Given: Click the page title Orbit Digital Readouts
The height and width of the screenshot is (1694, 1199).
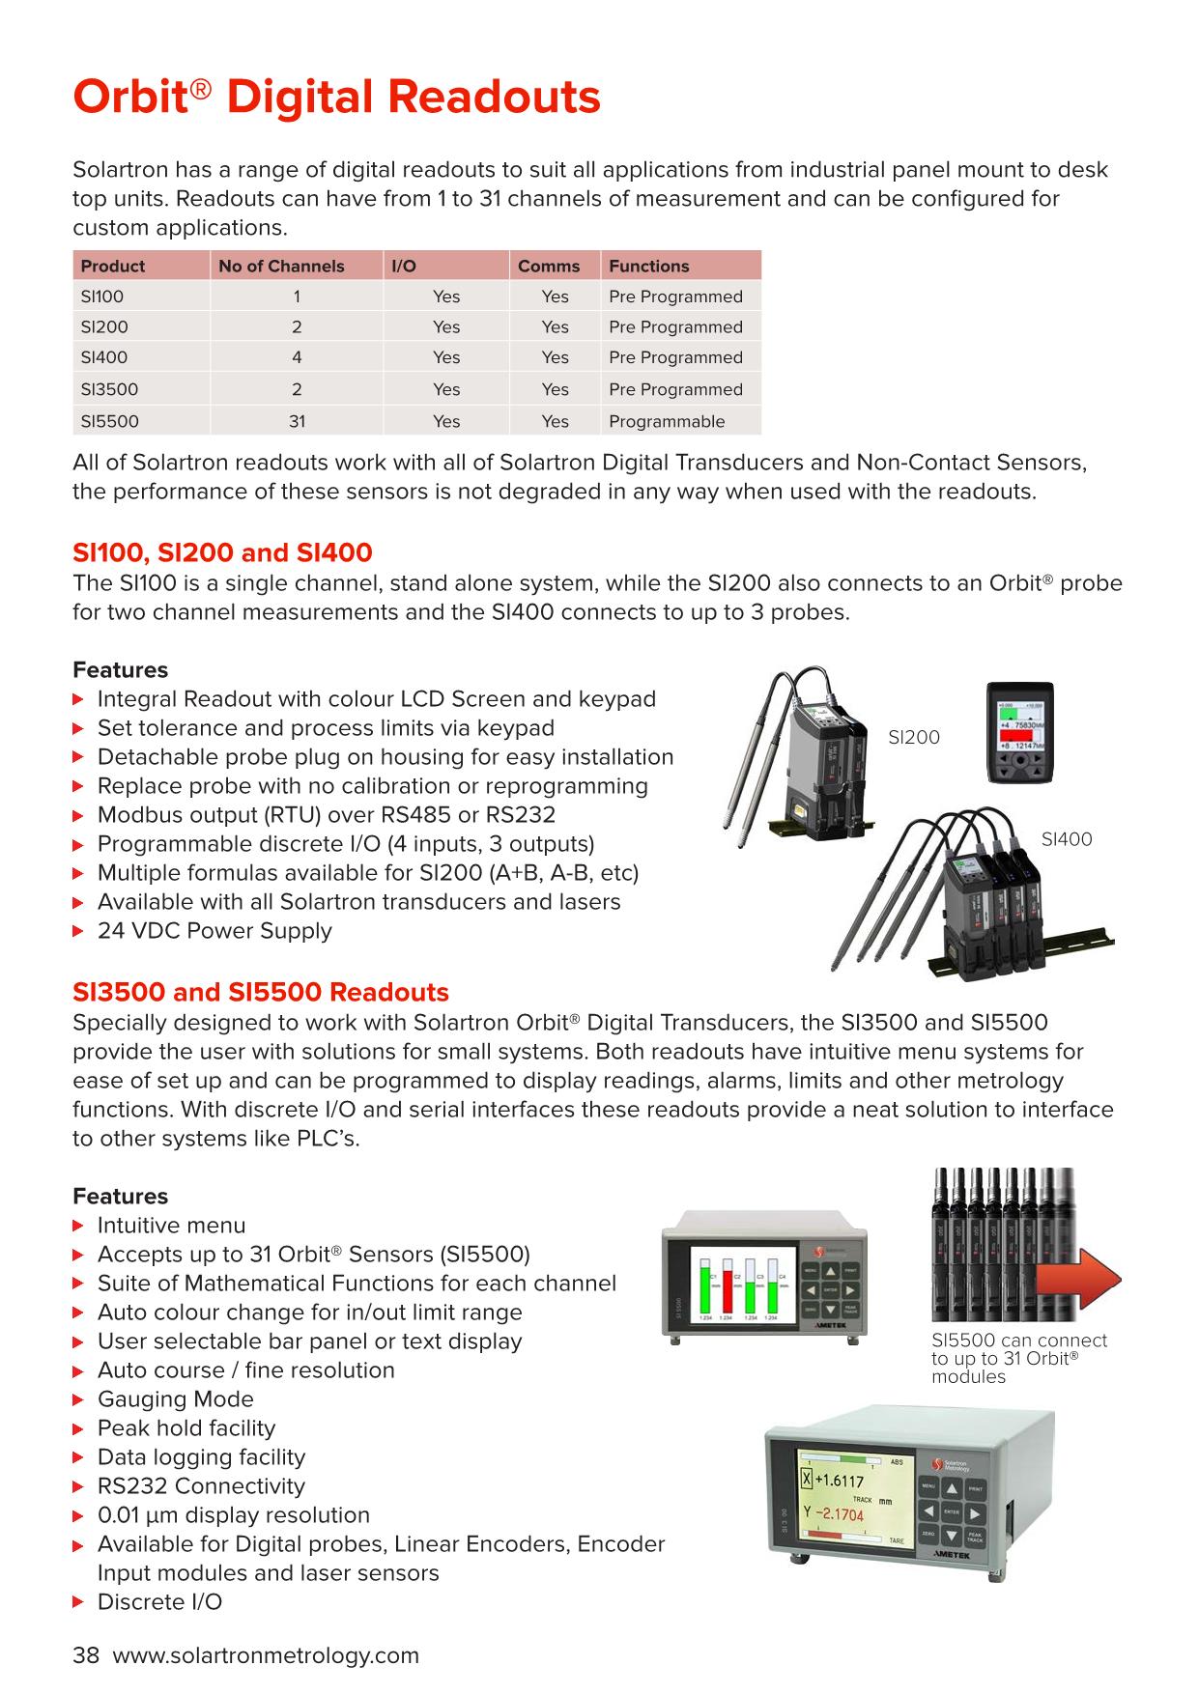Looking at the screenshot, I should point(336,99).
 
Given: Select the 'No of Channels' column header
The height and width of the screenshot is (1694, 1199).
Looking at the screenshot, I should point(281,266).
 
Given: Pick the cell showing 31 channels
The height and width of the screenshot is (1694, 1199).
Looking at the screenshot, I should point(297,421).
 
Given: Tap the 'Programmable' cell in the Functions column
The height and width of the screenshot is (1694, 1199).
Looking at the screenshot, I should point(666,421).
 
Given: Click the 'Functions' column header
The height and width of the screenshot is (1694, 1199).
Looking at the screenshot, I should point(648,266).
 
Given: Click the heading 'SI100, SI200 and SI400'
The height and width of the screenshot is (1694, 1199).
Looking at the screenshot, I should point(222,552).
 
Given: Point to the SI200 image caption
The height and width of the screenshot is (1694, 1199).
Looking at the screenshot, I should point(913,737).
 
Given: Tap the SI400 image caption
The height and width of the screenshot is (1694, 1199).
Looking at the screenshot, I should point(1066,839).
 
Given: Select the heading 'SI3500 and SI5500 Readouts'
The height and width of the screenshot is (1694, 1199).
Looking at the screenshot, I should point(261,992).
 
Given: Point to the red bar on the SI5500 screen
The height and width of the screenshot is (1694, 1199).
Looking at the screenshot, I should point(728,1285).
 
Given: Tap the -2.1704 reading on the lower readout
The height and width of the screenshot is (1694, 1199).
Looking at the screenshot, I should point(840,1514).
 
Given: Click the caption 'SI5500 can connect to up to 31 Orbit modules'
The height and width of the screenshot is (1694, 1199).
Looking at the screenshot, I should point(1018,1358).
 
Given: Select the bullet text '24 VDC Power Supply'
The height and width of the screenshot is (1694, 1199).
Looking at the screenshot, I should point(214,931).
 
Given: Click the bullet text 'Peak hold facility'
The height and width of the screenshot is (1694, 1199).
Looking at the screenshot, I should point(186,1428).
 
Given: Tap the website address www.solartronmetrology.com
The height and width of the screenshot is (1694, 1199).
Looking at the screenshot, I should point(266,1655).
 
